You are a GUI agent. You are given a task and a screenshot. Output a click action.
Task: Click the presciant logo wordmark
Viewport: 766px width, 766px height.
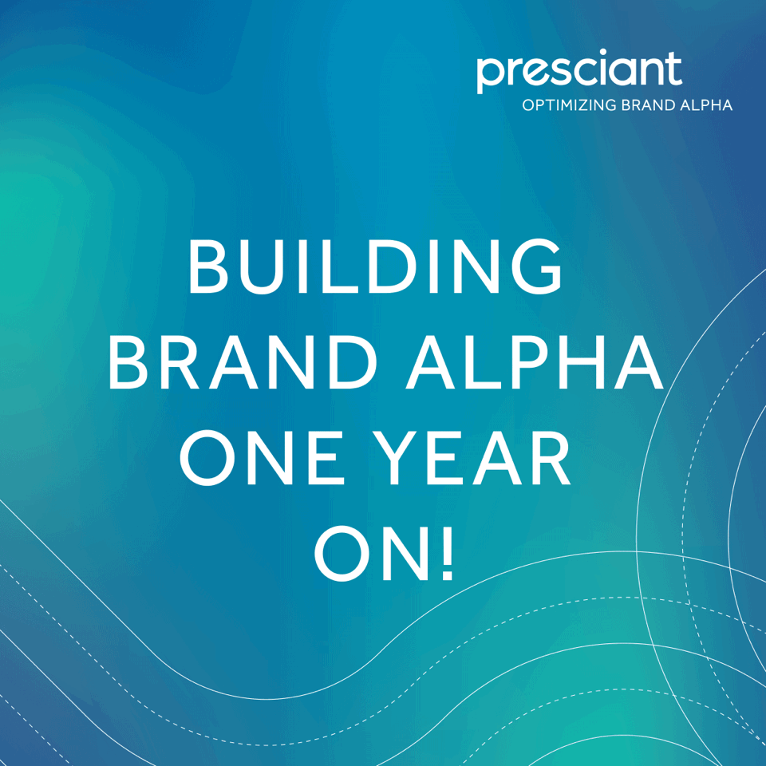pyautogui.click(x=579, y=71)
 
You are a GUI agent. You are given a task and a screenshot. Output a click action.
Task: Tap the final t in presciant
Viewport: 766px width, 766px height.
pyautogui.click(x=674, y=70)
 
